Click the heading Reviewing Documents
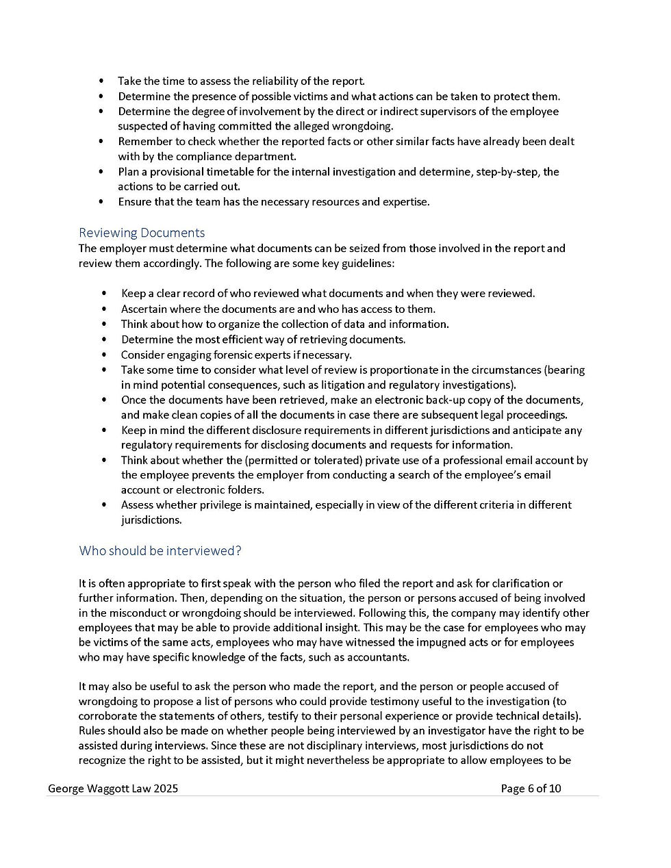pos(142,233)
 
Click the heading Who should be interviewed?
pos(160,550)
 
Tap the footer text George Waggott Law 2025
pos(113,789)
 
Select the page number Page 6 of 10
pos(531,789)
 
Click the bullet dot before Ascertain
pos(104,309)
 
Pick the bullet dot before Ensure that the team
pos(101,202)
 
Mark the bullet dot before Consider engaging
pos(104,355)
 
